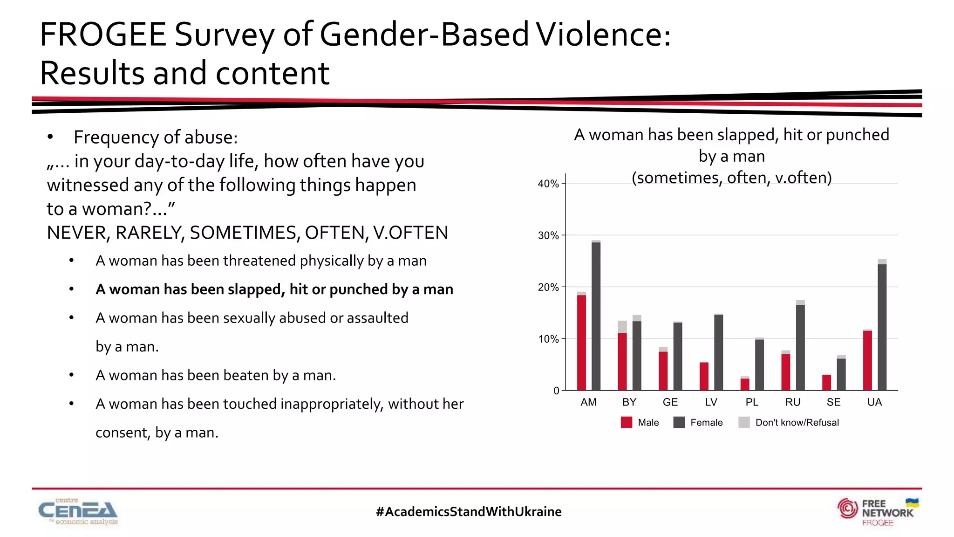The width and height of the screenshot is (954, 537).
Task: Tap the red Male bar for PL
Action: click(745, 384)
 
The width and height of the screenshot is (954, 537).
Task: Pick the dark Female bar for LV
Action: click(718, 352)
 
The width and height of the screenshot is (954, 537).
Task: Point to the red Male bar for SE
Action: click(826, 382)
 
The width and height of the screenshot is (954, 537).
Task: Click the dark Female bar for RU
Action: click(800, 347)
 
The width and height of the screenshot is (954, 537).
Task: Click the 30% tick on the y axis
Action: click(548, 235)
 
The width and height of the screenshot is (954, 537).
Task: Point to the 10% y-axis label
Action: click(548, 339)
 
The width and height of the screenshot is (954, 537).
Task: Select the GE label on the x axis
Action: click(670, 402)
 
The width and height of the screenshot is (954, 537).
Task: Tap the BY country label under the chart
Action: click(629, 402)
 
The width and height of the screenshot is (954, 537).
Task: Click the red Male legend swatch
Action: click(627, 422)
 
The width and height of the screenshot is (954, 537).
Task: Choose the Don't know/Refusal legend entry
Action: click(797, 422)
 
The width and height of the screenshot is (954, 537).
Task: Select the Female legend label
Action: click(706, 422)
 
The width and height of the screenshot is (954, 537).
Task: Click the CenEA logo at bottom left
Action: click(78, 512)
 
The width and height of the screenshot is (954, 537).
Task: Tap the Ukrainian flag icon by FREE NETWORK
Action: click(912, 503)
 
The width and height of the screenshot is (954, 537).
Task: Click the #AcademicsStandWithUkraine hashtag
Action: click(469, 511)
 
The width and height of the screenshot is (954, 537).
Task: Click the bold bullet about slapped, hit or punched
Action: click(274, 289)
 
